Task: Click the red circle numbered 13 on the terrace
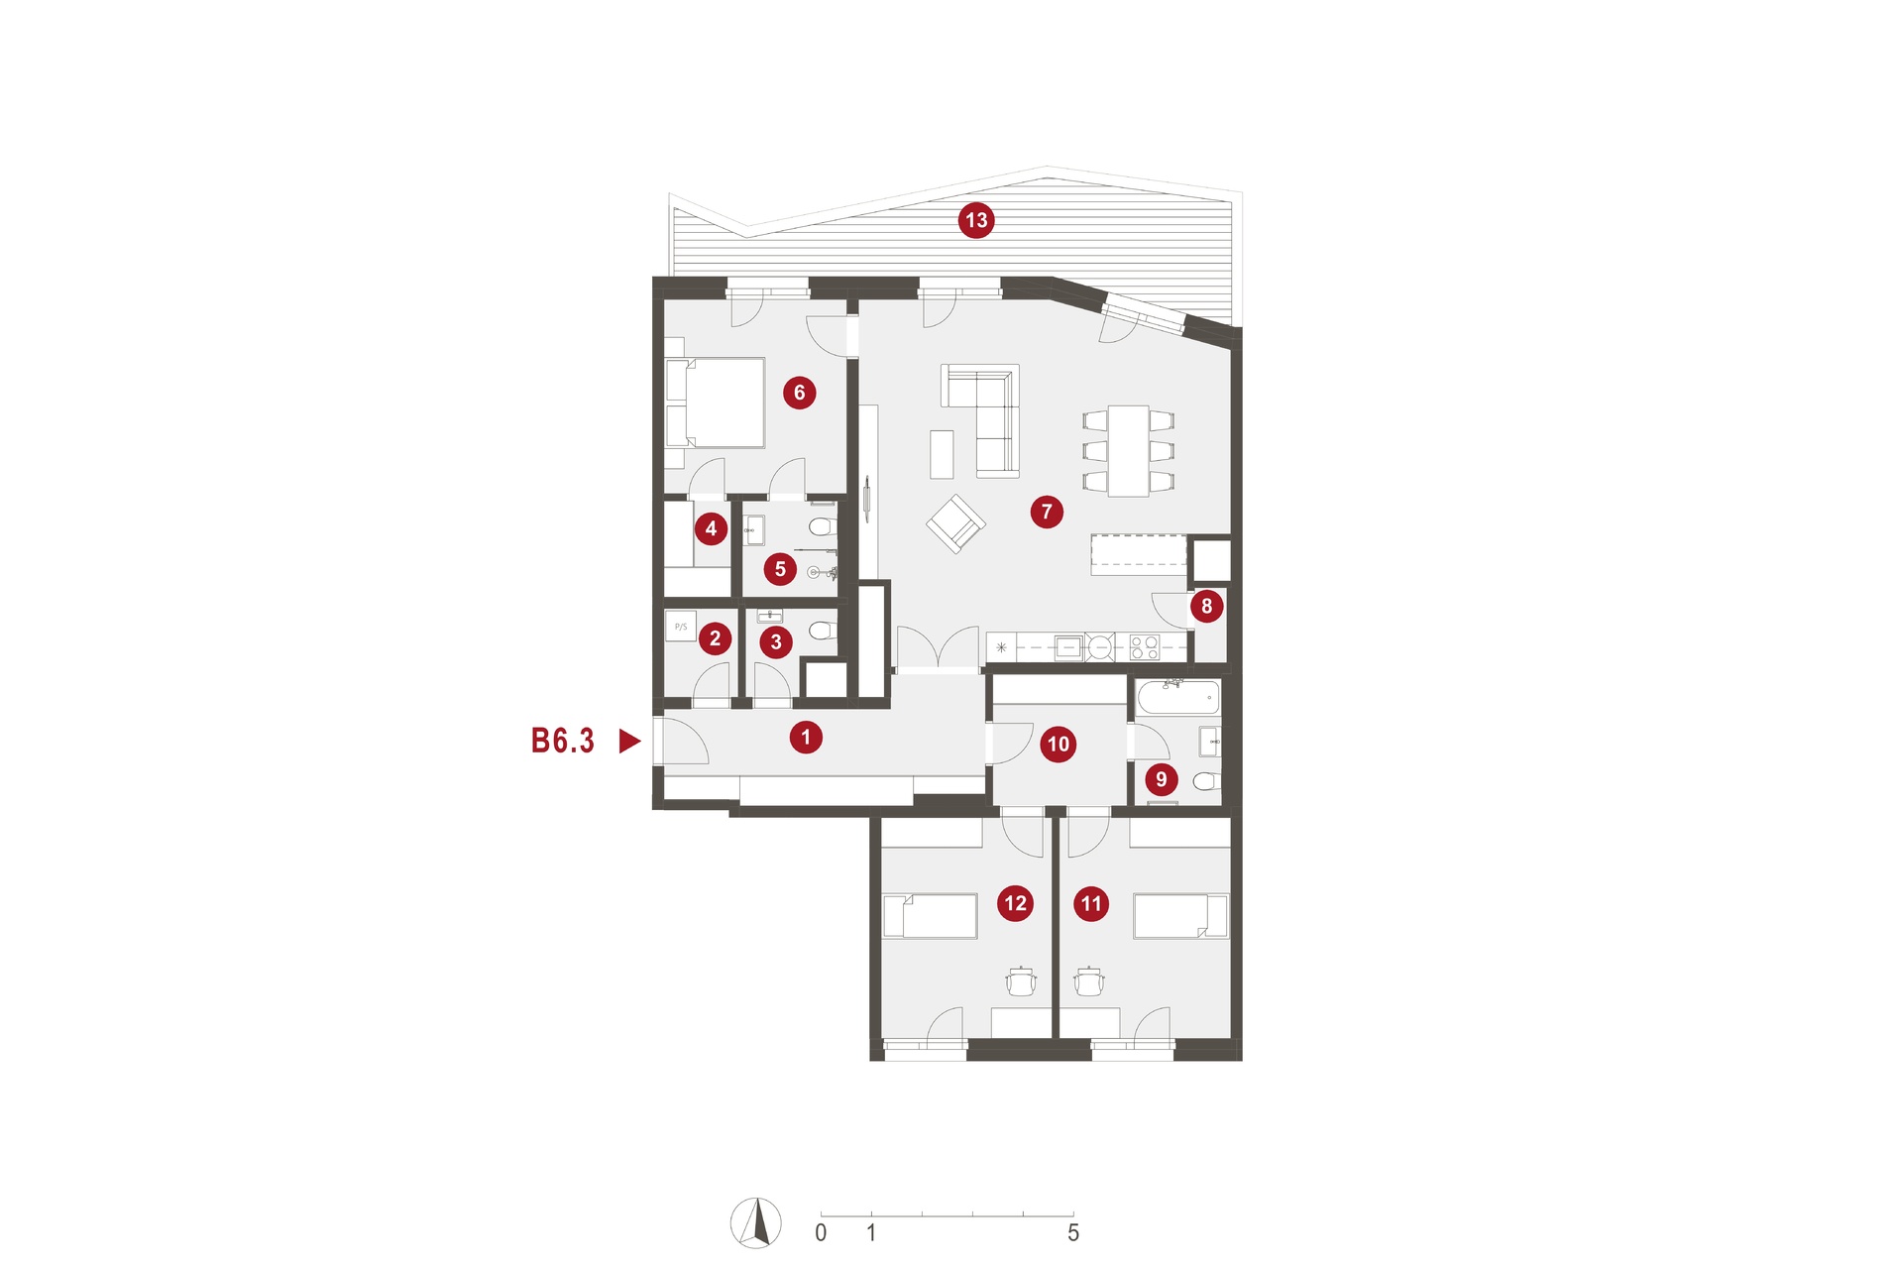coord(976,220)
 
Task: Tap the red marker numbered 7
coord(1047,512)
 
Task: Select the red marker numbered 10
coord(1059,744)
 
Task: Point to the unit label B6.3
coord(563,741)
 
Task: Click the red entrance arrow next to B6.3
coord(629,741)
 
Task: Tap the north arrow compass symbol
coord(756,1222)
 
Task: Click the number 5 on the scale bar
coord(1073,1233)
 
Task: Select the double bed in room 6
coord(715,404)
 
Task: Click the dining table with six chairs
coord(1128,451)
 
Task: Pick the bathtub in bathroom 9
coord(1178,697)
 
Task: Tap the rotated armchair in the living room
coord(955,523)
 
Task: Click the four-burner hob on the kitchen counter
coord(1145,647)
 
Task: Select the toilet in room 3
coord(821,630)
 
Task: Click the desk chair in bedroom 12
coord(1021,981)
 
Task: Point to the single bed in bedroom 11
coord(1180,916)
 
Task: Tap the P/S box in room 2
coord(681,627)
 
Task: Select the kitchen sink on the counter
coord(1067,647)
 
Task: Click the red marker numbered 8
coord(1206,606)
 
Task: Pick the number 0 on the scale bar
coord(821,1233)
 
